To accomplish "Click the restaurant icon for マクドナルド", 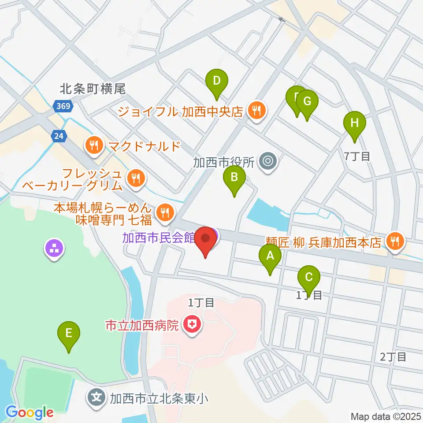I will pos(93,145).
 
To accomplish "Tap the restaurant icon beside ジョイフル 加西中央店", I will pos(256,111).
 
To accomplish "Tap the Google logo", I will pos(30,413).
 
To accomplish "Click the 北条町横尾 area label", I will pos(93,89).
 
